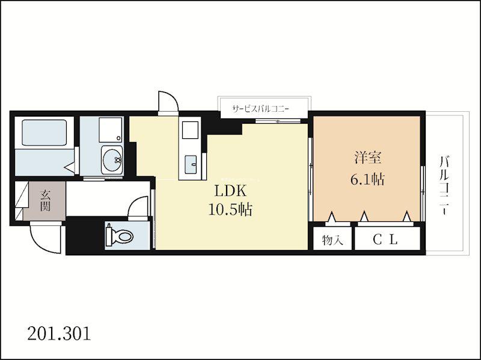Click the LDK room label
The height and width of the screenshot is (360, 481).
pyautogui.click(x=230, y=191)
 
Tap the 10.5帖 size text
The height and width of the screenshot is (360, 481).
pyautogui.click(x=230, y=210)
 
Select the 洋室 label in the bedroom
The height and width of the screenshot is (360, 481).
pyautogui.click(x=368, y=158)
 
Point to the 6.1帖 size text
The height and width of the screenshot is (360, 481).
pyautogui.click(x=367, y=179)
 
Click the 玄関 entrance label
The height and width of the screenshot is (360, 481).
pyautogui.click(x=44, y=201)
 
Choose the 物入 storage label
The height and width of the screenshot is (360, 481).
pyautogui.click(x=332, y=240)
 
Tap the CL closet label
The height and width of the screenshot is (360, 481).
pyautogui.click(x=385, y=240)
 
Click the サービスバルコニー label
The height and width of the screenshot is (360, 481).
pyautogui.click(x=261, y=109)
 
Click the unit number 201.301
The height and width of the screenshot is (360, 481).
pyautogui.click(x=59, y=334)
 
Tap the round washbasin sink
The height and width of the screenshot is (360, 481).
pyautogui.click(x=112, y=159)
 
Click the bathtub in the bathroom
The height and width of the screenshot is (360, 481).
pyautogui.click(x=44, y=132)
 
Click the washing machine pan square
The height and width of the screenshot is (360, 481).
pyautogui.click(x=111, y=129)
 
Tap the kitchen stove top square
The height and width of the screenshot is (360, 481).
pyautogui.click(x=190, y=130)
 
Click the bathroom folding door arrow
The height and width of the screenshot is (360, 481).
pyautogui.click(x=69, y=168)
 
